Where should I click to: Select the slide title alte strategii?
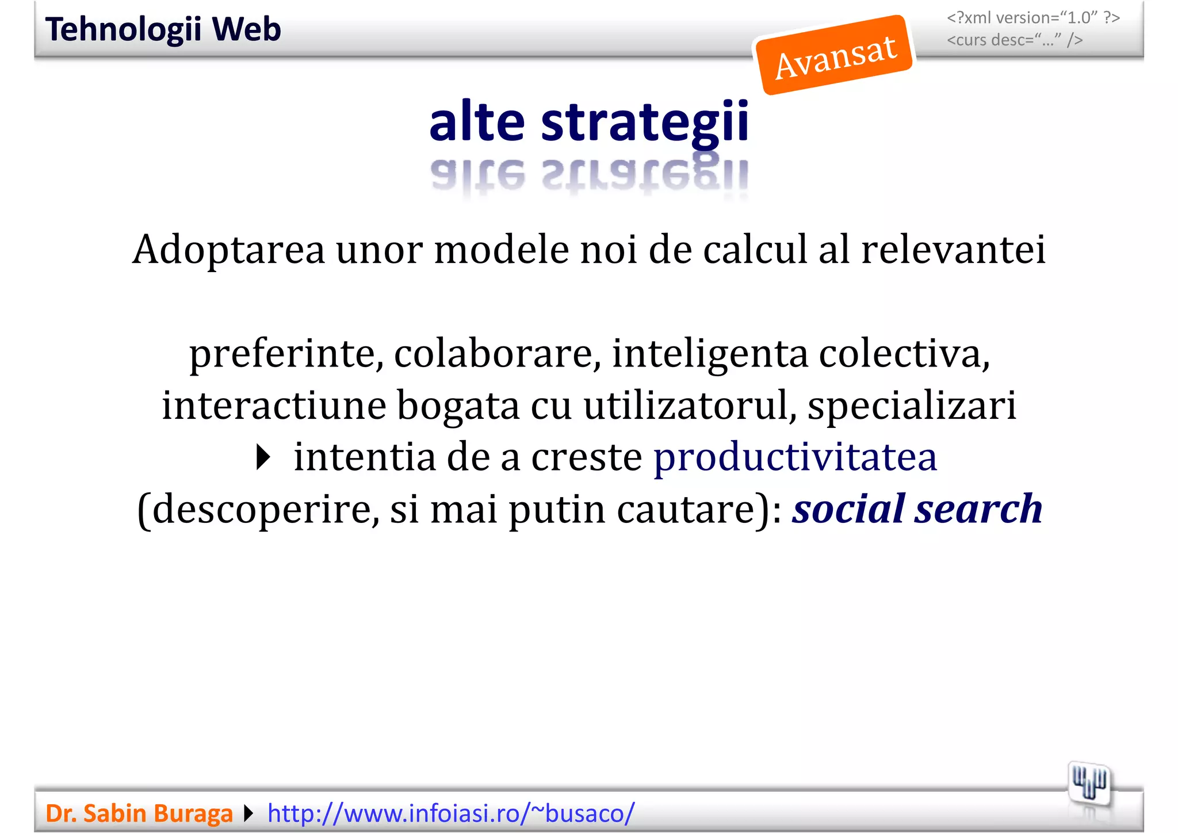(589, 121)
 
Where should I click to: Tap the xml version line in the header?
(1033, 18)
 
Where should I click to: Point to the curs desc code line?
(1015, 40)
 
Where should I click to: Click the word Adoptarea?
(228, 250)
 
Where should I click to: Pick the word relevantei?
(953, 250)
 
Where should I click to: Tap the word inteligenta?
(710, 354)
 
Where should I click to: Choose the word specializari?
(912, 406)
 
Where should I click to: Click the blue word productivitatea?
(795, 457)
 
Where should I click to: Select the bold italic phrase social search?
(917, 509)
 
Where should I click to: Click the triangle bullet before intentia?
(263, 458)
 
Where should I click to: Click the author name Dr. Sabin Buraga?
(139, 813)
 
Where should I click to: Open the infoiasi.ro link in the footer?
(451, 813)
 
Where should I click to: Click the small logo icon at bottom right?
(1089, 783)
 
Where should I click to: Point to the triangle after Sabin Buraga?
(248, 813)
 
